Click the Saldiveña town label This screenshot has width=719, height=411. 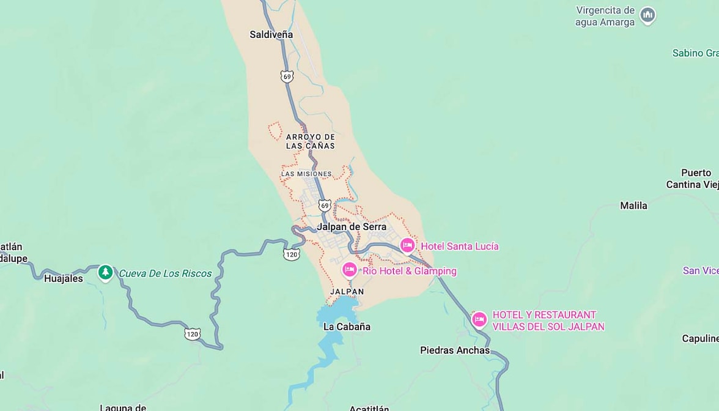coord(271,35)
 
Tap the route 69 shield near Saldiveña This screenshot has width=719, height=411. coord(287,76)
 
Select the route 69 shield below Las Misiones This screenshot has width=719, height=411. coord(325,205)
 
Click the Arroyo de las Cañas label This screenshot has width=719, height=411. coord(311,141)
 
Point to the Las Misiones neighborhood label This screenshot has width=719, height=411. coord(306,174)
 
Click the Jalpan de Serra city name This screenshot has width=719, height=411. coord(352,227)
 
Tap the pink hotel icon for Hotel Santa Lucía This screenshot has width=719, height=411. coord(407,245)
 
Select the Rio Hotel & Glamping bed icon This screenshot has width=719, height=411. coord(349,270)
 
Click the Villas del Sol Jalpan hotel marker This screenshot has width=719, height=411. coord(479,319)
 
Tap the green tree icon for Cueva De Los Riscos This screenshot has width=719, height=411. coord(106,272)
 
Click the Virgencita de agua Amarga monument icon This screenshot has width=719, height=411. coord(647,15)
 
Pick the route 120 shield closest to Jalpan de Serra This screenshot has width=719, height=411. coord(292,254)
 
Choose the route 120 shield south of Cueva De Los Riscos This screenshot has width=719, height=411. coord(193,334)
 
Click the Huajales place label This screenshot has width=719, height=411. coord(64,279)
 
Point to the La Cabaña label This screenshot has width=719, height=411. coord(347,327)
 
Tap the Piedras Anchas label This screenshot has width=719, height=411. coord(455,350)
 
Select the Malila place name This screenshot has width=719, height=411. coord(633,206)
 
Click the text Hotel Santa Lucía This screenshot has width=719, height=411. coord(460,246)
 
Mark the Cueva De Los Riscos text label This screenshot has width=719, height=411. coord(165,273)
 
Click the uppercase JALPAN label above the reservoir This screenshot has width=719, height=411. coord(347,292)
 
